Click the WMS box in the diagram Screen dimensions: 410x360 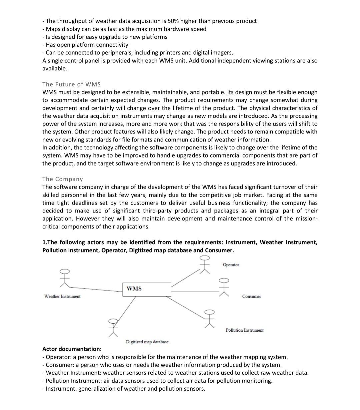coord(147,289)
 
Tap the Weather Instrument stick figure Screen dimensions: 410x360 coord(65,278)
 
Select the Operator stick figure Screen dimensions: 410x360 coord(204,265)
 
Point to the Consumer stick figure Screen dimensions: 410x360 coord(224,287)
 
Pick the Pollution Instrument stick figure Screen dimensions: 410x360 coord(209,319)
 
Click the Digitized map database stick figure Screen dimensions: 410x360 coord(113,327)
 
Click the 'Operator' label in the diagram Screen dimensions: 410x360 coord(231,265)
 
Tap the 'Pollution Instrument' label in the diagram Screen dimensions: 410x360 coord(244,330)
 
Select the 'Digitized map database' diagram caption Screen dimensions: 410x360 coord(147,342)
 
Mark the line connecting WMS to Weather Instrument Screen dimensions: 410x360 coord(97,289)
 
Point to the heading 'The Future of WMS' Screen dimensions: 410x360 coord(71,84)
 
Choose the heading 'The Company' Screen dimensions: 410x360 coord(62,179)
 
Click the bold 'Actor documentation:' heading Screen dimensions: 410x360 coord(72,349)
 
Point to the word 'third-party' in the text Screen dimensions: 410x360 coord(158,211)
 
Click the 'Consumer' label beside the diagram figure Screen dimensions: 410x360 coord(251,297)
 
